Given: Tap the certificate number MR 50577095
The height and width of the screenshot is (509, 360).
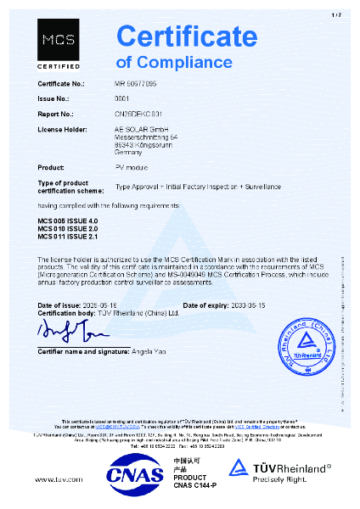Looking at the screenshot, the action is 141,86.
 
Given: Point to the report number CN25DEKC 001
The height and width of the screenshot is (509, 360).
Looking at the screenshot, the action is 139,112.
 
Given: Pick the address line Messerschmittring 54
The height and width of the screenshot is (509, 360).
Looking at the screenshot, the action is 145,135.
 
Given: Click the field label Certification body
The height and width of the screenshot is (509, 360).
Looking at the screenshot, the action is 68,311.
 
